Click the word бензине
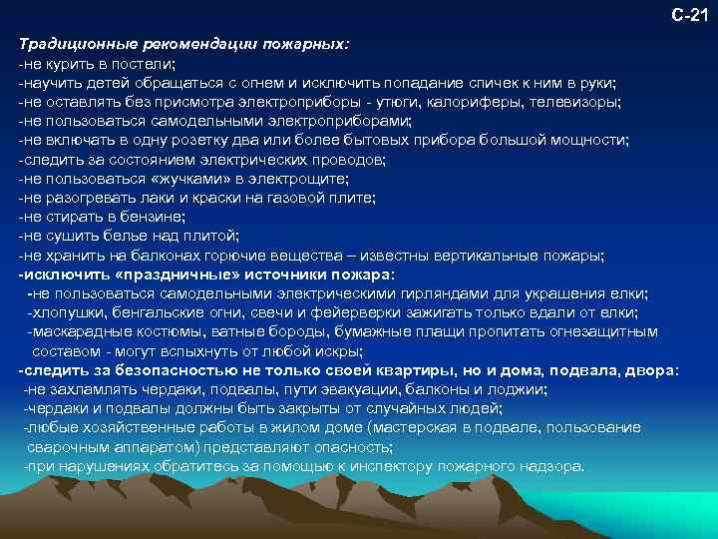(x=153, y=217)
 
